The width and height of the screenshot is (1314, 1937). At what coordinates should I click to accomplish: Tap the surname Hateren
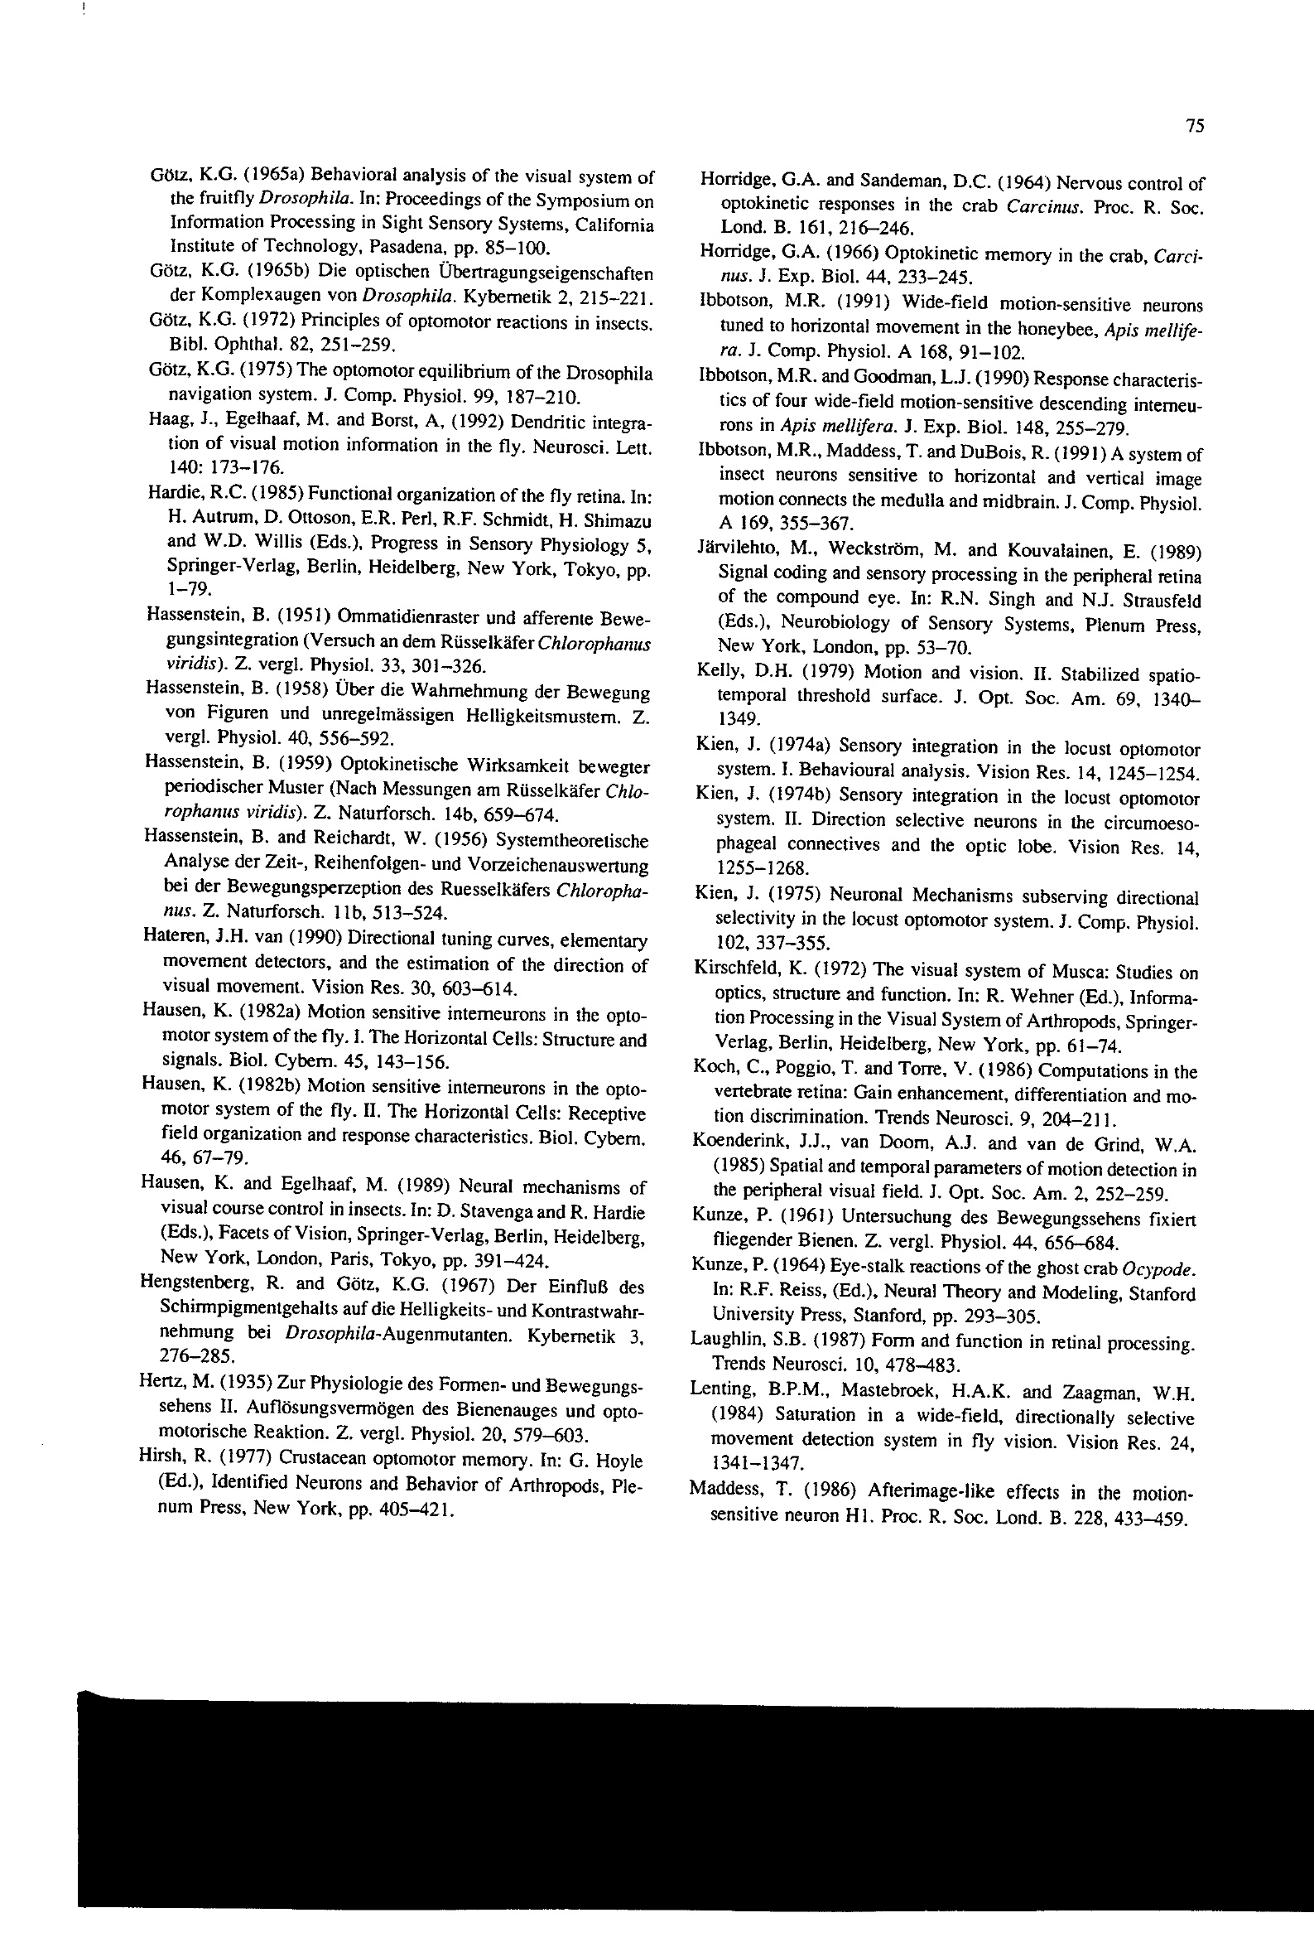coord(168,939)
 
